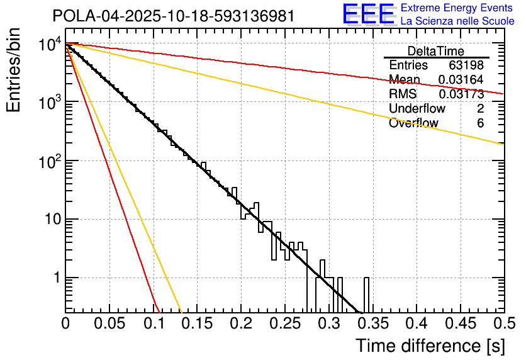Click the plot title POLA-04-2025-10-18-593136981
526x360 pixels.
(173, 16)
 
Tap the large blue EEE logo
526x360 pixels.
(369, 15)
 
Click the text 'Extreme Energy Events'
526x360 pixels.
(457, 9)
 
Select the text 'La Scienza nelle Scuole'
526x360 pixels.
(457, 21)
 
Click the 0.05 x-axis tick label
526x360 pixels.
(109, 323)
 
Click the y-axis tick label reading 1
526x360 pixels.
(55, 278)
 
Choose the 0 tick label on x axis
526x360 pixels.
(65, 323)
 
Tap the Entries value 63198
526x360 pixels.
(466, 65)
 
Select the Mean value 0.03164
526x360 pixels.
(461, 80)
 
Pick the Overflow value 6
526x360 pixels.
(480, 123)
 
